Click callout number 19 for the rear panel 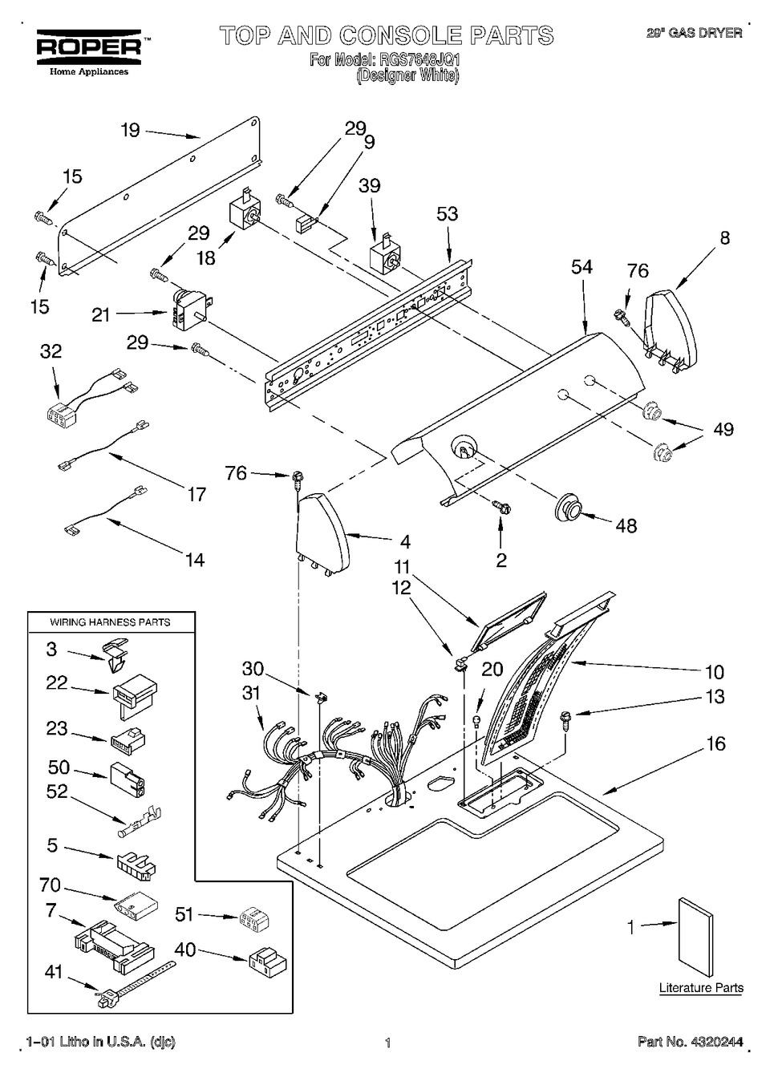pos(131,130)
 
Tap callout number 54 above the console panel pos(582,267)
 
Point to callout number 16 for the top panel pos(715,743)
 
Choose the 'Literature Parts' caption pos(700,988)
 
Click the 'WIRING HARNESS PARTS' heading pos(111,622)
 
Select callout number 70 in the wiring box pos(51,885)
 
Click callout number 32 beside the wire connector pos(51,351)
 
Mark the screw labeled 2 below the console pos(502,507)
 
